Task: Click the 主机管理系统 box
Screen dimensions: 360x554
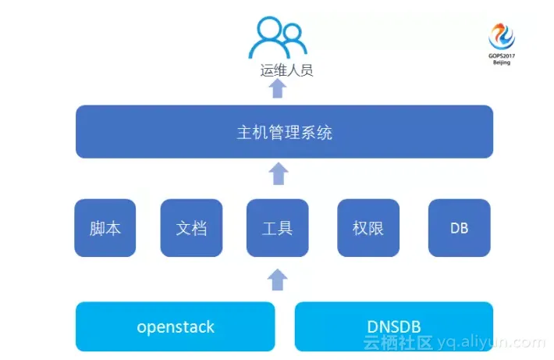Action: (284, 131)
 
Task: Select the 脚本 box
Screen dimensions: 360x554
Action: (105, 228)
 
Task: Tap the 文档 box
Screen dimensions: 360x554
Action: (191, 228)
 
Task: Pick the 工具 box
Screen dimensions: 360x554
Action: (277, 228)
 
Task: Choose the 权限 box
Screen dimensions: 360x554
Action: (368, 228)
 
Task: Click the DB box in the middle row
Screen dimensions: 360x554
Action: (460, 228)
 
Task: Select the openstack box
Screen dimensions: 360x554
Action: (176, 326)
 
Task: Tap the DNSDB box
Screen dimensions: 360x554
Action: (394, 326)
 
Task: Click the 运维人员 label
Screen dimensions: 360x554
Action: (286, 71)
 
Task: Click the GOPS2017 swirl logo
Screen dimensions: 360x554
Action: (502, 36)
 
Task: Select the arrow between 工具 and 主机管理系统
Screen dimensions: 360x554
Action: (278, 173)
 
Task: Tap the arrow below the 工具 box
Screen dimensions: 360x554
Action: (278, 279)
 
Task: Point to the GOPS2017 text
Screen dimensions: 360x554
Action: (502, 55)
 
